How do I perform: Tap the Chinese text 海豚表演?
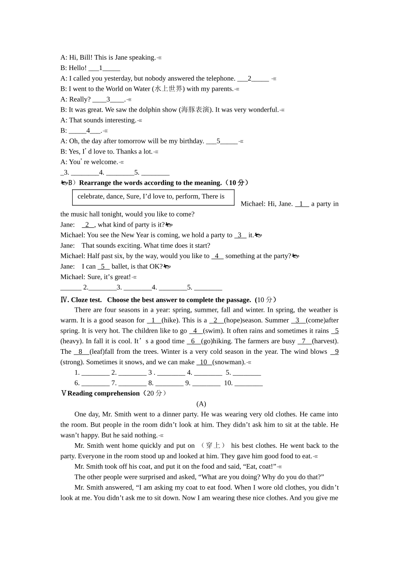point(195,110)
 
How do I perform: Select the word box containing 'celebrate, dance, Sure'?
point(153,197)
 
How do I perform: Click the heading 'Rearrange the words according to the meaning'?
point(150,183)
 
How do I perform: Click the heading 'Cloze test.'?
point(86,300)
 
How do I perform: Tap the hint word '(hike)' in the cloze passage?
point(170,320)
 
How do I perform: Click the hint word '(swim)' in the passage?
point(213,331)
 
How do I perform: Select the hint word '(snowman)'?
point(229,362)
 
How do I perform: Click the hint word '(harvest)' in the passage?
point(325,341)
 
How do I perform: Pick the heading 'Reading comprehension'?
point(103,393)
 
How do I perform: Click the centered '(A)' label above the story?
point(201,404)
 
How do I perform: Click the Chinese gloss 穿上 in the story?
point(213,446)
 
